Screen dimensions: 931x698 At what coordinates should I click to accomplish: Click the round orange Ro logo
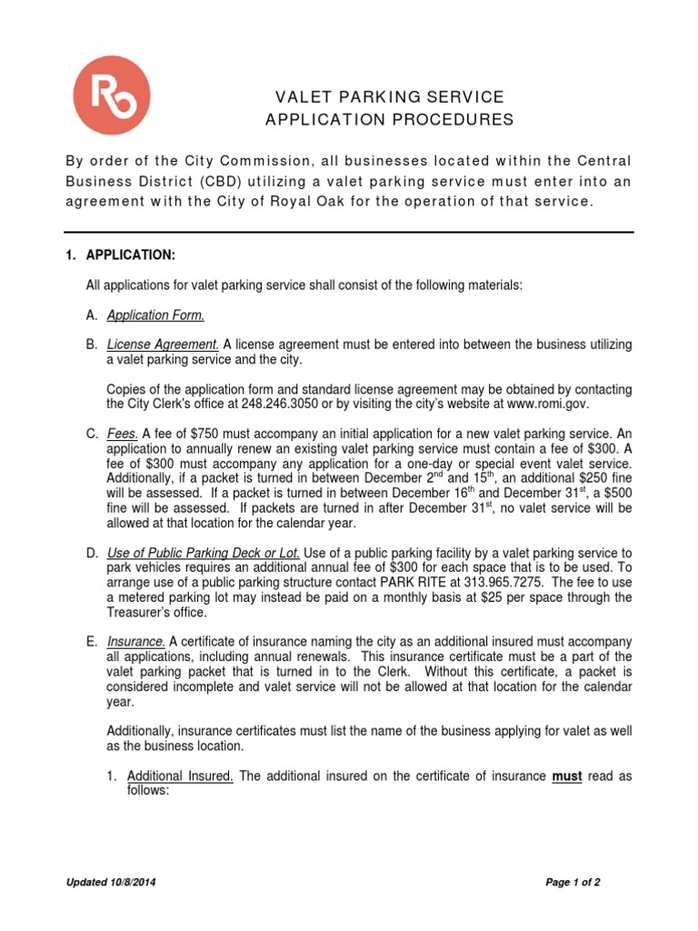pyautogui.click(x=112, y=95)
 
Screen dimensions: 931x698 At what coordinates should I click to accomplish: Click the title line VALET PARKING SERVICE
pyautogui.click(x=390, y=97)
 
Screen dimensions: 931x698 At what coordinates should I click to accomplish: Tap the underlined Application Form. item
pyautogui.click(x=155, y=315)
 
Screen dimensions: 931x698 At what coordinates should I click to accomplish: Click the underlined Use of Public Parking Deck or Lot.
pyautogui.click(x=203, y=554)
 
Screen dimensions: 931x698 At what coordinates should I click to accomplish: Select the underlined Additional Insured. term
pyautogui.click(x=180, y=776)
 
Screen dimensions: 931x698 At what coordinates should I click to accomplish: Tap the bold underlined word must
pyautogui.click(x=567, y=776)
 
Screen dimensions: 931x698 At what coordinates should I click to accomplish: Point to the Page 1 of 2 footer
pyautogui.click(x=573, y=882)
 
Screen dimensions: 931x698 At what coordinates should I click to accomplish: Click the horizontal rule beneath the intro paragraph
pyautogui.click(x=349, y=232)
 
